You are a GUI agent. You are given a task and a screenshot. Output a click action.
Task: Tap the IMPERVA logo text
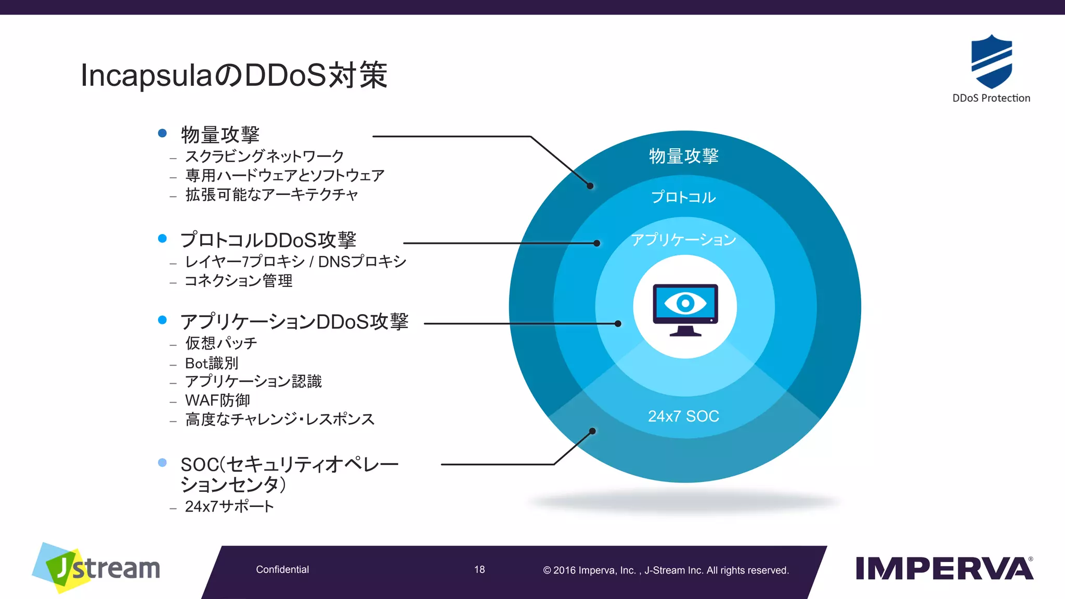(x=944, y=568)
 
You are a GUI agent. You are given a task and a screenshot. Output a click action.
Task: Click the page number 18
(x=479, y=569)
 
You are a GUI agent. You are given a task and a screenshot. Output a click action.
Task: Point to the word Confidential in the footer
(x=282, y=569)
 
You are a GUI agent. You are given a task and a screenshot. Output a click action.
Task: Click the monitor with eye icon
(x=685, y=309)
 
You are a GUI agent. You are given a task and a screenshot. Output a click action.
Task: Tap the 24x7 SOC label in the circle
(x=683, y=416)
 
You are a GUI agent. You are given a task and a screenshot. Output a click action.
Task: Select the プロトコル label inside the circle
(x=683, y=197)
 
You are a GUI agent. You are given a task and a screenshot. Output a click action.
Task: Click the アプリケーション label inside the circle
(x=683, y=239)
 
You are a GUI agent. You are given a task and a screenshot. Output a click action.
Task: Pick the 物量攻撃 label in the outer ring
(x=683, y=155)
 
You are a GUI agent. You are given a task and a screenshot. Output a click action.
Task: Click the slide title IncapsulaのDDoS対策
(x=234, y=75)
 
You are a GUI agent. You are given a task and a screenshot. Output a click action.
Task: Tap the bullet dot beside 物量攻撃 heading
(x=162, y=133)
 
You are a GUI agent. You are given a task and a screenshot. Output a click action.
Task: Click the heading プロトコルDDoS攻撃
(x=268, y=240)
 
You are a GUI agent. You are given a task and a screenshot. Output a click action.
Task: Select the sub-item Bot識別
(x=211, y=363)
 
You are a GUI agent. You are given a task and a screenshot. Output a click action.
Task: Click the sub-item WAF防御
(x=217, y=400)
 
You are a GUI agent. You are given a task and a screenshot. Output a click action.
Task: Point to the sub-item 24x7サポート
(x=229, y=506)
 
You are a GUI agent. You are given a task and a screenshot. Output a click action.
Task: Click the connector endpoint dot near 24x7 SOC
(x=592, y=431)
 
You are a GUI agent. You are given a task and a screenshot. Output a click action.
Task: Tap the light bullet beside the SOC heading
(x=162, y=462)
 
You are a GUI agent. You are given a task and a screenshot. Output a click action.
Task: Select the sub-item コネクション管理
(x=239, y=281)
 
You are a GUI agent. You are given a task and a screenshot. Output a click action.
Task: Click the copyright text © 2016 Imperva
(x=666, y=570)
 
